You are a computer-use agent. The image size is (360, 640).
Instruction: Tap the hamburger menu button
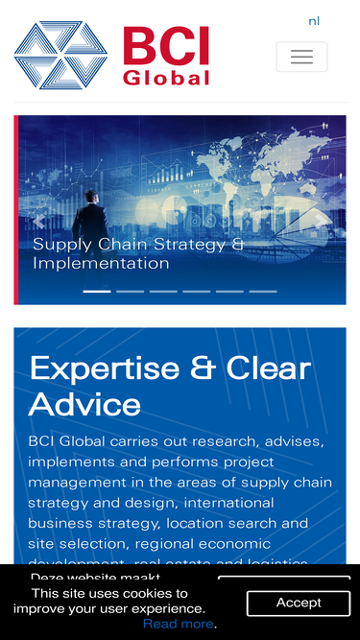click(301, 57)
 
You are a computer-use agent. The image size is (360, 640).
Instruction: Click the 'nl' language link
click(314, 21)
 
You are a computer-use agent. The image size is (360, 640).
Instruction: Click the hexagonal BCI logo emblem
click(61, 56)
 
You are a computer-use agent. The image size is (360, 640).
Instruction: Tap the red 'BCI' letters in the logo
click(165, 46)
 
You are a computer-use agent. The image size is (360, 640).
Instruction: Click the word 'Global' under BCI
click(165, 78)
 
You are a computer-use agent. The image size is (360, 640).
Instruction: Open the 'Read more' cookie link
click(179, 624)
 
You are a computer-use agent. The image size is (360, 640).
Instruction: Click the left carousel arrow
click(39, 222)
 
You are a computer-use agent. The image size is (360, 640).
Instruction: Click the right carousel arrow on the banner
click(321, 222)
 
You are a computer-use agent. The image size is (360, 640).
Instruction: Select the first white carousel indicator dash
click(97, 291)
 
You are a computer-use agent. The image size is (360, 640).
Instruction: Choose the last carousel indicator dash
click(262, 291)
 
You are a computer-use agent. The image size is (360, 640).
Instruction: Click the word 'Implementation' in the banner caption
click(101, 263)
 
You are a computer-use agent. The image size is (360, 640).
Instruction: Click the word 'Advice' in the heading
click(84, 403)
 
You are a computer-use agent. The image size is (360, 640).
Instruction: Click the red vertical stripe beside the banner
click(16, 210)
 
